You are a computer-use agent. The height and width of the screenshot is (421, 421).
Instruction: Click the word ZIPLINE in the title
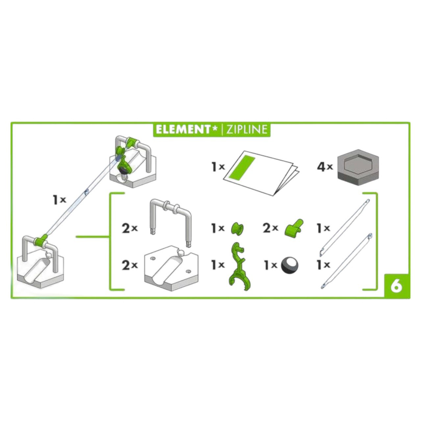247,130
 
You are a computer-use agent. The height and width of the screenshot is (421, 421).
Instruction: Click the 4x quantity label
325,167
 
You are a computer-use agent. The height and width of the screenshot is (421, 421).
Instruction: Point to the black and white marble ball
290,265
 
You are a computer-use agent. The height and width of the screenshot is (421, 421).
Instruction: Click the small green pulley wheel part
237,229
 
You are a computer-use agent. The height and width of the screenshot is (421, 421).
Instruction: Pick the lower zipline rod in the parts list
346,261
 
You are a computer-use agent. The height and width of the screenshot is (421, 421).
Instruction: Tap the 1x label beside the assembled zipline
60,200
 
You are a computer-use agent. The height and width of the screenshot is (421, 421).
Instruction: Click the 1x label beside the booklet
218,167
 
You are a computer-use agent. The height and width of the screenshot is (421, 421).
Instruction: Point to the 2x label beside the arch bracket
130,229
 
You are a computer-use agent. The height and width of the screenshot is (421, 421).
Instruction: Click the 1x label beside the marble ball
270,265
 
